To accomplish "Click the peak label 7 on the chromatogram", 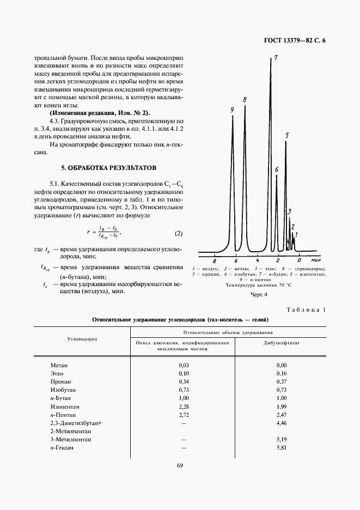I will coord(276,58).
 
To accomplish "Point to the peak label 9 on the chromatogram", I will coord(232,110).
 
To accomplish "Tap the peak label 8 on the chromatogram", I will coord(245,100).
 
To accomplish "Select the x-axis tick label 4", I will coord(257,262).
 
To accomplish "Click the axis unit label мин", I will coord(310,262).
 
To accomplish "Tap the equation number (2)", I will coord(179,234).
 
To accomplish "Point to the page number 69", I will coord(180,465).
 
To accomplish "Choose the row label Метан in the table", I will coord(59,365).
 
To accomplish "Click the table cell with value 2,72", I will coord(184,415).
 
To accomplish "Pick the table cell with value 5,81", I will coord(281,448).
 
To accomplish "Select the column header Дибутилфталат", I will coord(281,343).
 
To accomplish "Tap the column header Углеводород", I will coord(82,338).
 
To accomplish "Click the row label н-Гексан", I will coord(62,448).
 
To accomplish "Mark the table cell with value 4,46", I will coord(281,423).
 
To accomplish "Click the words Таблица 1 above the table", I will coord(306,310).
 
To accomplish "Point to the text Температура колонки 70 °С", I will coord(259,285).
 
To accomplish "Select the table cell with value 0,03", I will coord(184,365).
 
